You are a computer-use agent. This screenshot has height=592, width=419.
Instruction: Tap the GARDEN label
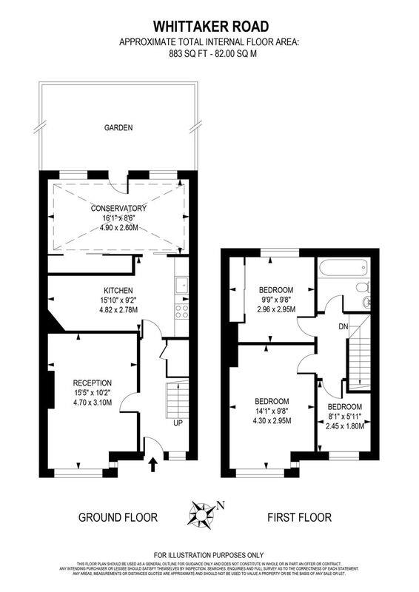point(118,127)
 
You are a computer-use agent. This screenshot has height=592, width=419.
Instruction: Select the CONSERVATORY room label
point(118,208)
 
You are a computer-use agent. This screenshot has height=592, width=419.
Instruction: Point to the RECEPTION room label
point(93,383)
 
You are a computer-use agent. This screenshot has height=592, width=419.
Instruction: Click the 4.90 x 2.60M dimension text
point(118,229)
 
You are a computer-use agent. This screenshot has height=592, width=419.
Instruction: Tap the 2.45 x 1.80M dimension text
point(345,426)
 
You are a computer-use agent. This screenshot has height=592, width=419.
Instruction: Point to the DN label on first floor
point(343,326)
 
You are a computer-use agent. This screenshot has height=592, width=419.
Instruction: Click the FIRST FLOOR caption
point(300,517)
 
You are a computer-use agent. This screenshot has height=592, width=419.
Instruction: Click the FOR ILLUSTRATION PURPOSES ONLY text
point(209,554)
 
